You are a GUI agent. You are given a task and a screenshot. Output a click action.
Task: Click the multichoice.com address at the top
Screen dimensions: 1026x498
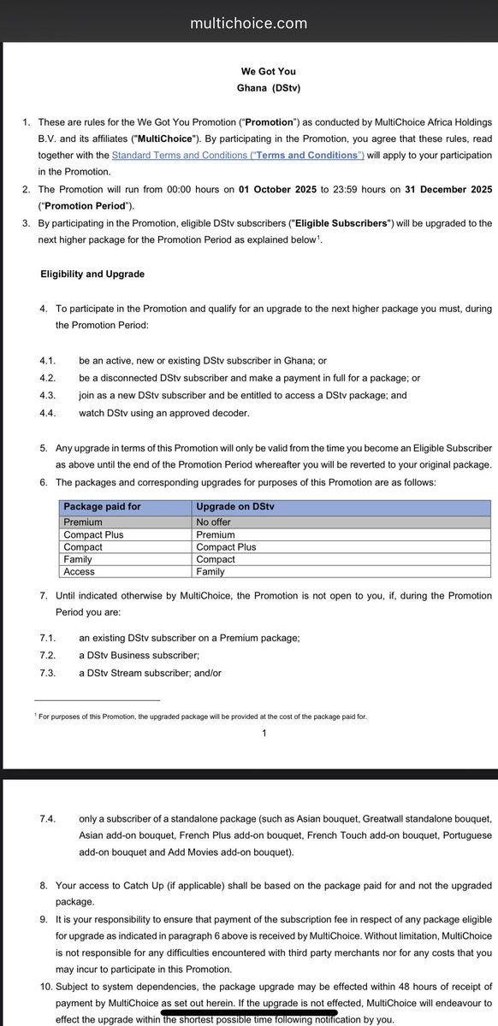tap(248, 24)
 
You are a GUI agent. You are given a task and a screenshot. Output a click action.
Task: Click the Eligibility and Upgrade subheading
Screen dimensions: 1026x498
tap(92, 274)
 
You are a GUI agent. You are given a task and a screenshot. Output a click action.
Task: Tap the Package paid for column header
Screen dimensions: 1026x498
tap(101, 507)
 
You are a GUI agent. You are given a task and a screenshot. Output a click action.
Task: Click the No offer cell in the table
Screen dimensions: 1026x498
tap(215, 522)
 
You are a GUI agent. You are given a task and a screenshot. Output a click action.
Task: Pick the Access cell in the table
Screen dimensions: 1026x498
tap(79, 571)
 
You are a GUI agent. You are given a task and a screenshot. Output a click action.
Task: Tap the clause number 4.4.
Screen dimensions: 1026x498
tap(48, 412)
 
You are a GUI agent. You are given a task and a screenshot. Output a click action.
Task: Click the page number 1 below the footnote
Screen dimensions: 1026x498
tap(265, 734)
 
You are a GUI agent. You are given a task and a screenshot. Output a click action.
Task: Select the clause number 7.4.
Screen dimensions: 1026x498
tap(48, 818)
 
